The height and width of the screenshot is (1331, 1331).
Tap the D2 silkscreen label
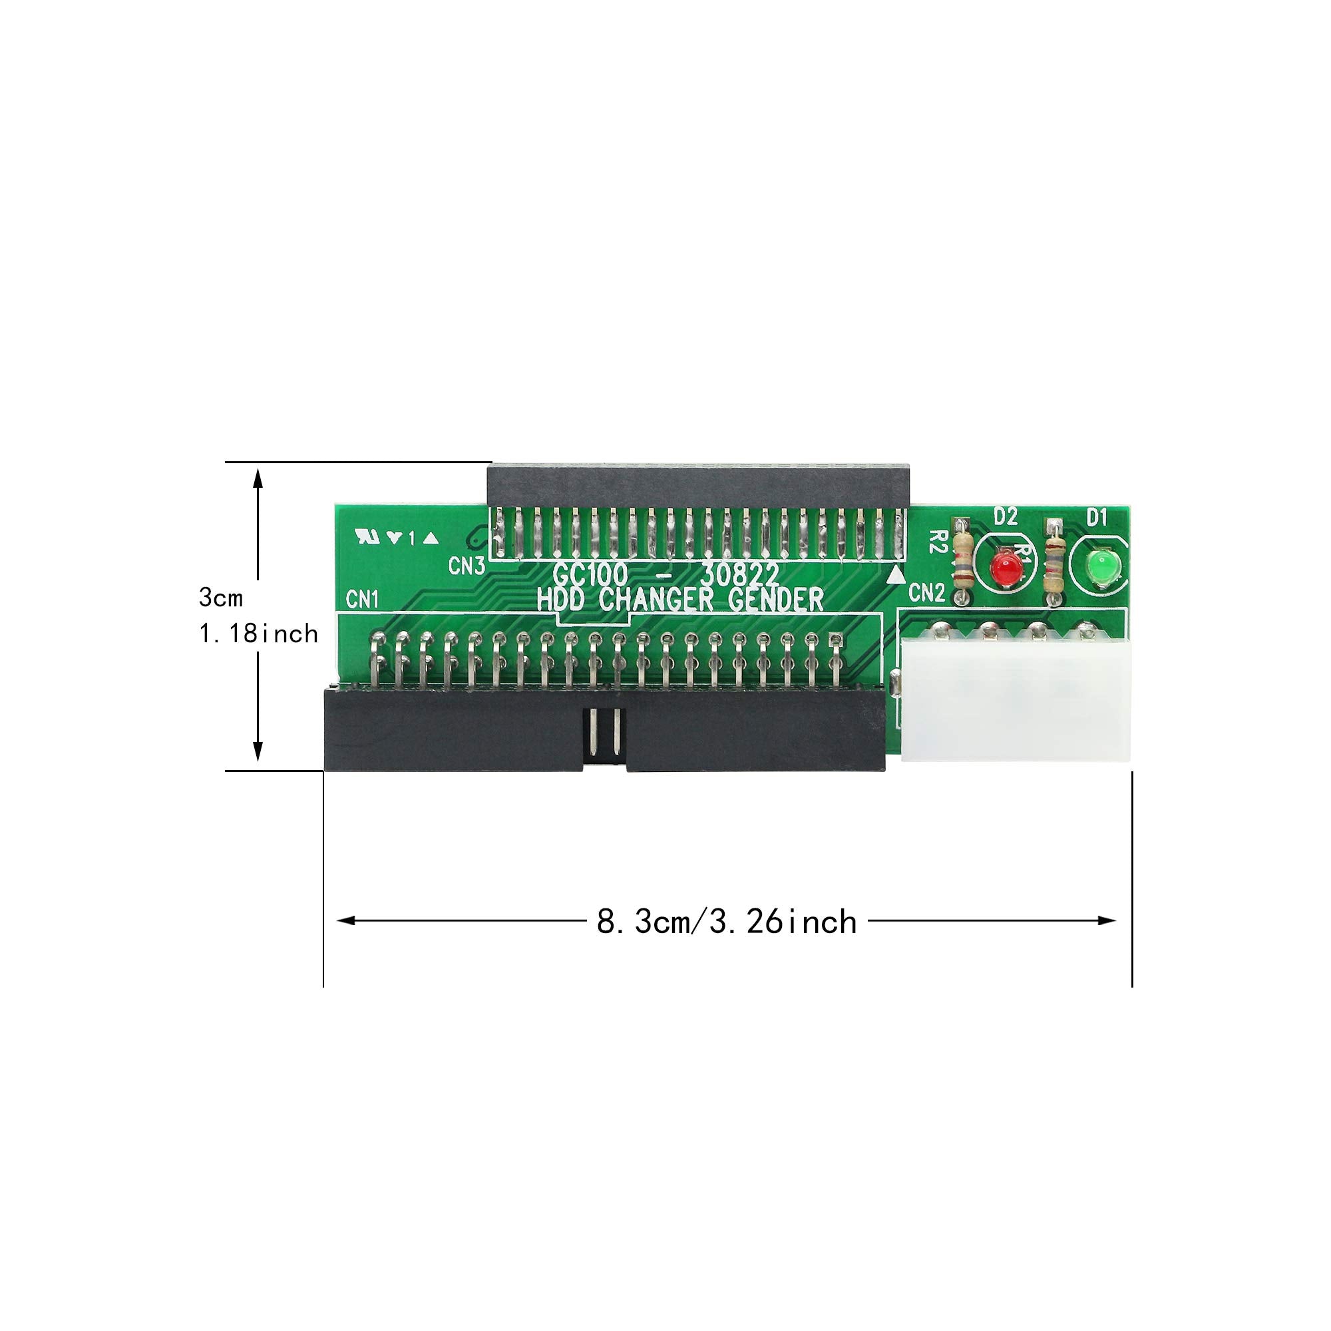[x=1006, y=516]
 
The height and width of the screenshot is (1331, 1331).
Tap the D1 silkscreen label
[x=1096, y=516]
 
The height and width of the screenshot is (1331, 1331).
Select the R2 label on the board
[x=935, y=542]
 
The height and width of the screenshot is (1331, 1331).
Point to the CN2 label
[x=926, y=592]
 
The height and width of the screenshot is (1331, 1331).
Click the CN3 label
[x=467, y=566]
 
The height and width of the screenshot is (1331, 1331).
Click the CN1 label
[x=363, y=600]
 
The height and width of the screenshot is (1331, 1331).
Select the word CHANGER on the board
[x=661, y=600]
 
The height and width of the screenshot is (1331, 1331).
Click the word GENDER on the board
[x=776, y=600]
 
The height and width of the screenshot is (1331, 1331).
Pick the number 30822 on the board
[x=740, y=574]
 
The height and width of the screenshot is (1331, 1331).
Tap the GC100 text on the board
[x=590, y=574]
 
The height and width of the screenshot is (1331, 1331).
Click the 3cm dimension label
[x=220, y=598]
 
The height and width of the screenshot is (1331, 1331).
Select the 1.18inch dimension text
[x=258, y=634]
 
